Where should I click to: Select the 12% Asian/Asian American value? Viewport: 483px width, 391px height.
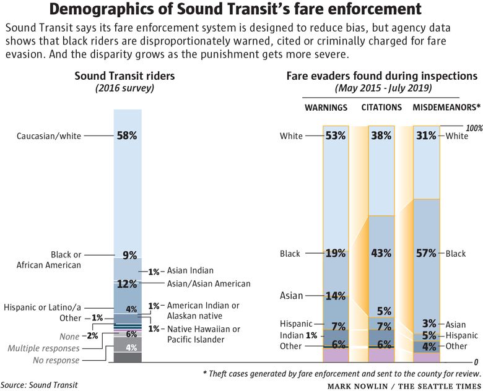click(127, 284)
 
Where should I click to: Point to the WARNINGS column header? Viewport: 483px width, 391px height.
click(326, 108)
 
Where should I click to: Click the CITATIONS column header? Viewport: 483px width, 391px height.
click(381, 108)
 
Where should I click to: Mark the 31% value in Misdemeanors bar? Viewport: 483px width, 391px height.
click(426, 136)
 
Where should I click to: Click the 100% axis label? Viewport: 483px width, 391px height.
click(473, 128)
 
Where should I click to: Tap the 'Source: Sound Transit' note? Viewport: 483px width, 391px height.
click(39, 385)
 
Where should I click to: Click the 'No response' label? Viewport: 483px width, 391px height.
click(57, 360)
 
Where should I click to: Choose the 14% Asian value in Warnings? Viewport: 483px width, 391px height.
click(335, 296)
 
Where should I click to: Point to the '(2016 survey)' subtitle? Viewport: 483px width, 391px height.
click(124, 88)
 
